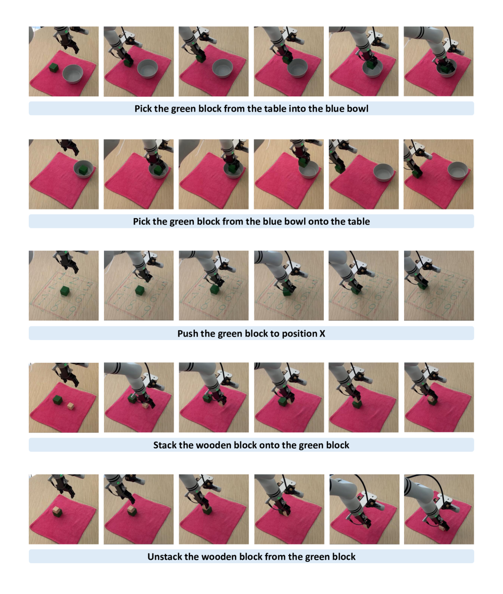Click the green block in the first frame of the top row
54,68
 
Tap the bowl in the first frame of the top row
72,74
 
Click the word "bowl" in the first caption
358,109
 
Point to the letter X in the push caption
322,334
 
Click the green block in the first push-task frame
65,291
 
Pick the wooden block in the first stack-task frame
71,406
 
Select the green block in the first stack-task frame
58,400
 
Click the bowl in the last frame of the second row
458,171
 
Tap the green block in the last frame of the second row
417,174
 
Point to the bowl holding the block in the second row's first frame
83,170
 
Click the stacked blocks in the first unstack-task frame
58,511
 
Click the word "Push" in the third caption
188,334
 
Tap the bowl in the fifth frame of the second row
383,173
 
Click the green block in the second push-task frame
139,290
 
